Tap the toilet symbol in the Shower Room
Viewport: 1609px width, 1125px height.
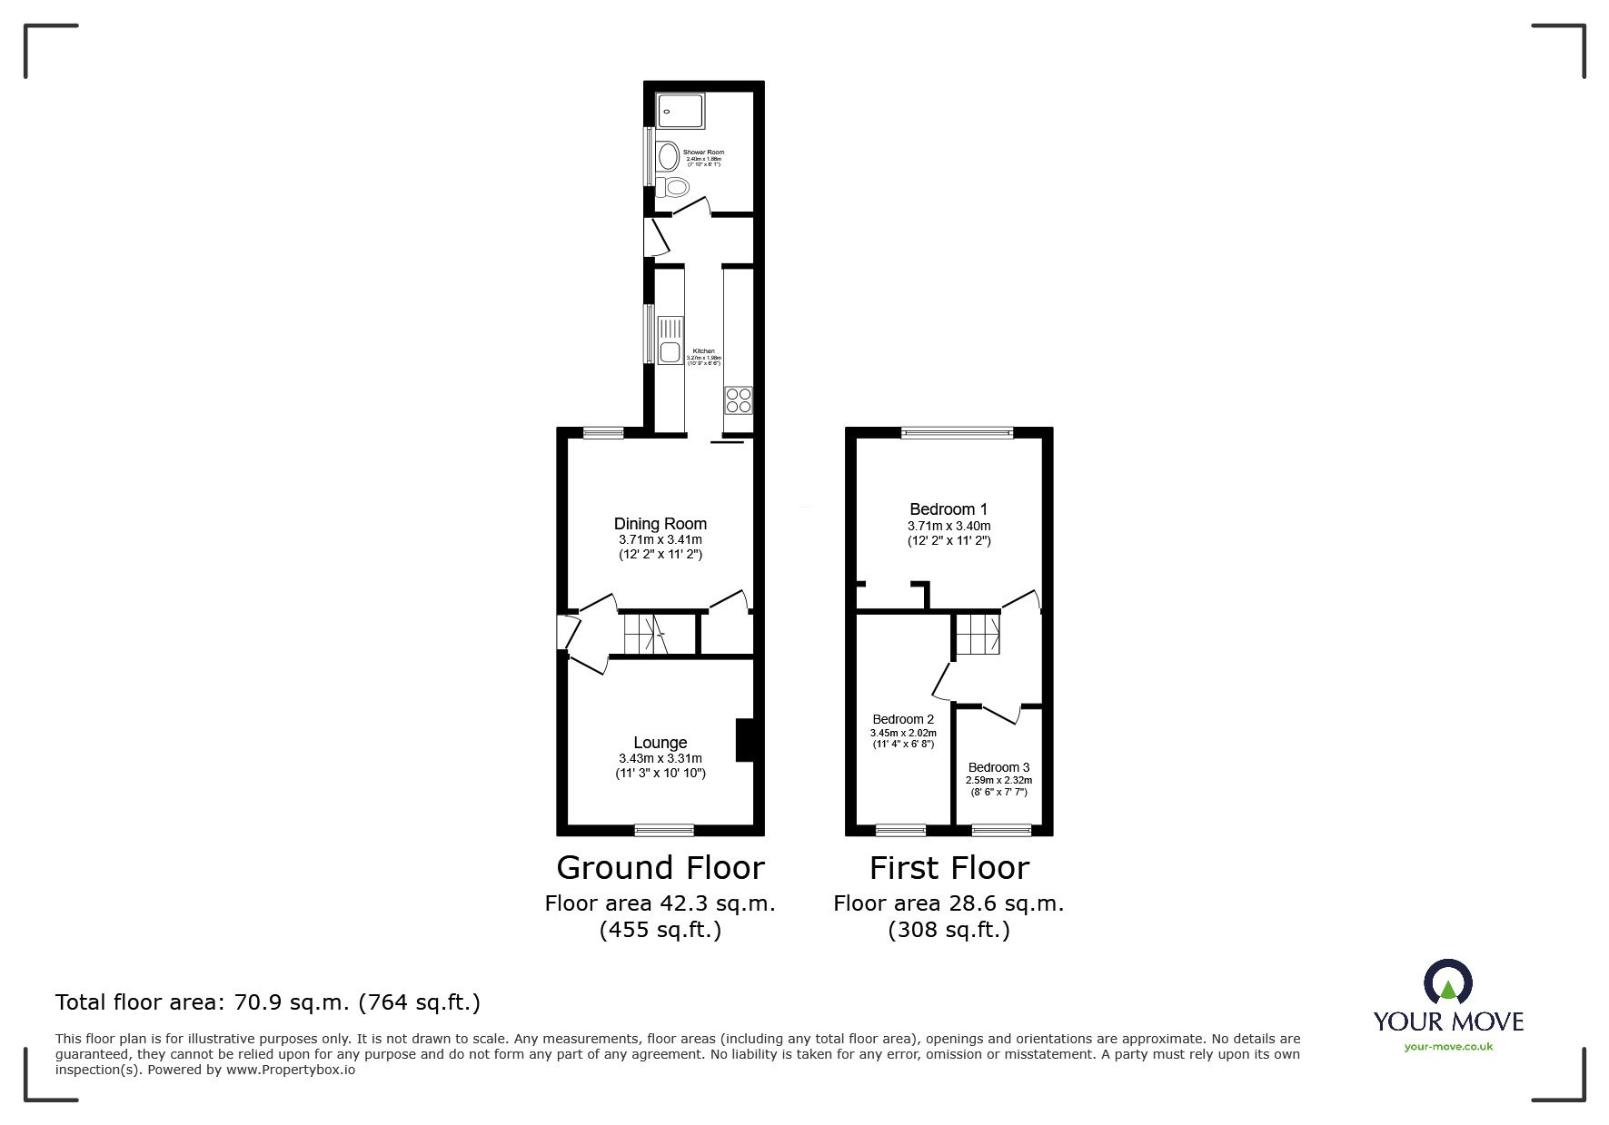pyautogui.click(x=673, y=188)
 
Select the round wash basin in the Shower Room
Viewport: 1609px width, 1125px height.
pyautogui.click(x=669, y=157)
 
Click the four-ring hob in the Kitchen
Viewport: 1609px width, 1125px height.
pyautogui.click(x=738, y=400)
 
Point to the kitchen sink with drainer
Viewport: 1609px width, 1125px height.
pyautogui.click(x=670, y=340)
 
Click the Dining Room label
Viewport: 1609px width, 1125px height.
pyautogui.click(x=660, y=524)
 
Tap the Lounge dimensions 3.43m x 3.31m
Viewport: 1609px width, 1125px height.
pyautogui.click(x=660, y=758)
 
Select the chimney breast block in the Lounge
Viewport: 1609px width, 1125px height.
pyautogui.click(x=745, y=740)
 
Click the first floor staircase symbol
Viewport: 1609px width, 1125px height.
pyautogui.click(x=978, y=634)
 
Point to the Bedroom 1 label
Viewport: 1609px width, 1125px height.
pyautogui.click(x=949, y=509)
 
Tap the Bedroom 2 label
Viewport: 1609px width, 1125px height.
pyautogui.click(x=903, y=719)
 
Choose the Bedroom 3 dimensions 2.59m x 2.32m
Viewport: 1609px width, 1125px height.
pyautogui.click(x=998, y=780)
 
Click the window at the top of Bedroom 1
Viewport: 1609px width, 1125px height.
pyautogui.click(x=957, y=434)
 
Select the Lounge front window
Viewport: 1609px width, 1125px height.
pyautogui.click(x=663, y=829)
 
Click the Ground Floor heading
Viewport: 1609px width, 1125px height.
pyautogui.click(x=660, y=868)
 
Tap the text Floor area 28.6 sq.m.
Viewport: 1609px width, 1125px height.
pyautogui.click(x=949, y=903)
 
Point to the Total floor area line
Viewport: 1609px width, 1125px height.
pyautogui.click(x=268, y=1002)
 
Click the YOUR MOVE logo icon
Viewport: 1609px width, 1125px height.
pyautogui.click(x=1447, y=982)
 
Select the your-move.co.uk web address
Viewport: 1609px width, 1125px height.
pyautogui.click(x=1448, y=1047)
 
